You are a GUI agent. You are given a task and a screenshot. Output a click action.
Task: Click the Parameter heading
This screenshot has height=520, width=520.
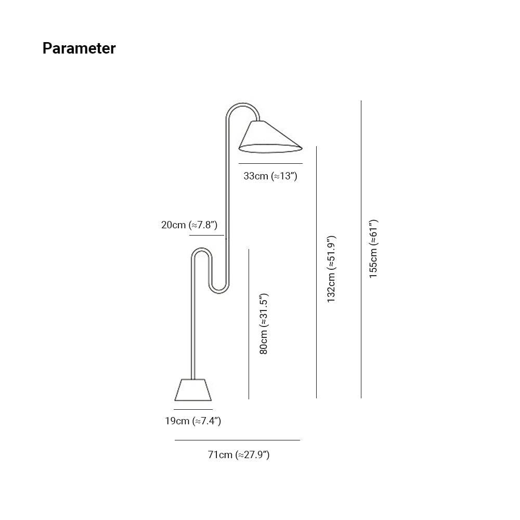(x=79, y=48)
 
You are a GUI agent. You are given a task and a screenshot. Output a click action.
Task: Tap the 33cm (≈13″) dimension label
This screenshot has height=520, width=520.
(x=270, y=176)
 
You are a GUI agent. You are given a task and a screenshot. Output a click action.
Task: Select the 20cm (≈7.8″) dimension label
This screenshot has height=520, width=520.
(x=189, y=225)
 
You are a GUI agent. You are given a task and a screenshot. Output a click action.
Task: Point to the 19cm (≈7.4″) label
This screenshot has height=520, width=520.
(x=193, y=421)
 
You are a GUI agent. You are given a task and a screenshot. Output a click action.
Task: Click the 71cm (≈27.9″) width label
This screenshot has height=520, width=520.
(x=239, y=455)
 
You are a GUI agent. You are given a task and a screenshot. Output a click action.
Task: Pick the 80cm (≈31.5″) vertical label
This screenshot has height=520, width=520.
(x=264, y=324)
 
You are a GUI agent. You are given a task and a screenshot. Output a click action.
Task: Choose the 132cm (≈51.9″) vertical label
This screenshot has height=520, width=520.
(x=331, y=269)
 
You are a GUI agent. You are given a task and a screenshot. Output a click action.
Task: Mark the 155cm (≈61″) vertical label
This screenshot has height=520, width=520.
(x=373, y=249)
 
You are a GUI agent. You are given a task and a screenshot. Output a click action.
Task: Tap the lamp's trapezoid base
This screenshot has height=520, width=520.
(x=193, y=389)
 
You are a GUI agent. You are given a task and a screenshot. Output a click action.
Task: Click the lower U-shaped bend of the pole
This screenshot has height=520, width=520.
(x=218, y=289)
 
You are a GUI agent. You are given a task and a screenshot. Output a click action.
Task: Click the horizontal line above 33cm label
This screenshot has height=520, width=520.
(x=270, y=163)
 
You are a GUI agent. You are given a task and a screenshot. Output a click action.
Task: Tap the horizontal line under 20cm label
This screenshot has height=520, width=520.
(x=206, y=236)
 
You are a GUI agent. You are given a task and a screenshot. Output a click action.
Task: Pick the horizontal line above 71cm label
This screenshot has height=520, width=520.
(x=237, y=440)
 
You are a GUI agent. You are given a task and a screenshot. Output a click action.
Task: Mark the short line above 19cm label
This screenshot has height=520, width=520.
(x=193, y=409)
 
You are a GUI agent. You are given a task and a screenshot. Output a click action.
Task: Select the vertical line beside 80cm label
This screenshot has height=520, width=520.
(x=249, y=324)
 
